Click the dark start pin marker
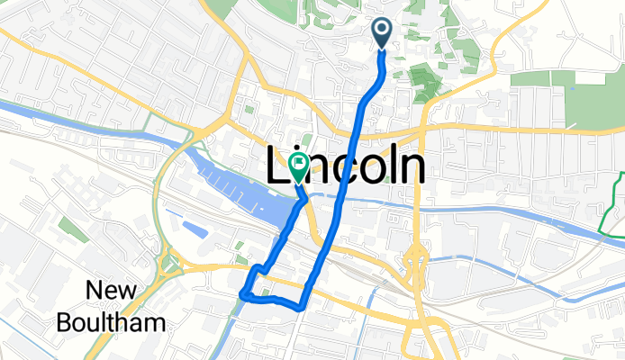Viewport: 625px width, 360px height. (x=381, y=33)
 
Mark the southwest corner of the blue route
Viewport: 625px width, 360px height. (x=242, y=293)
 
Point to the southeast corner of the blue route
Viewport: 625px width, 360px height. (x=300, y=307)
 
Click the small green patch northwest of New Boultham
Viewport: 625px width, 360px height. (x=68, y=224)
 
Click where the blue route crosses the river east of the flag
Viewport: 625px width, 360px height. (x=342, y=200)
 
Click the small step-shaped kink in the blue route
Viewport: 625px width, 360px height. (x=259, y=269)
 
